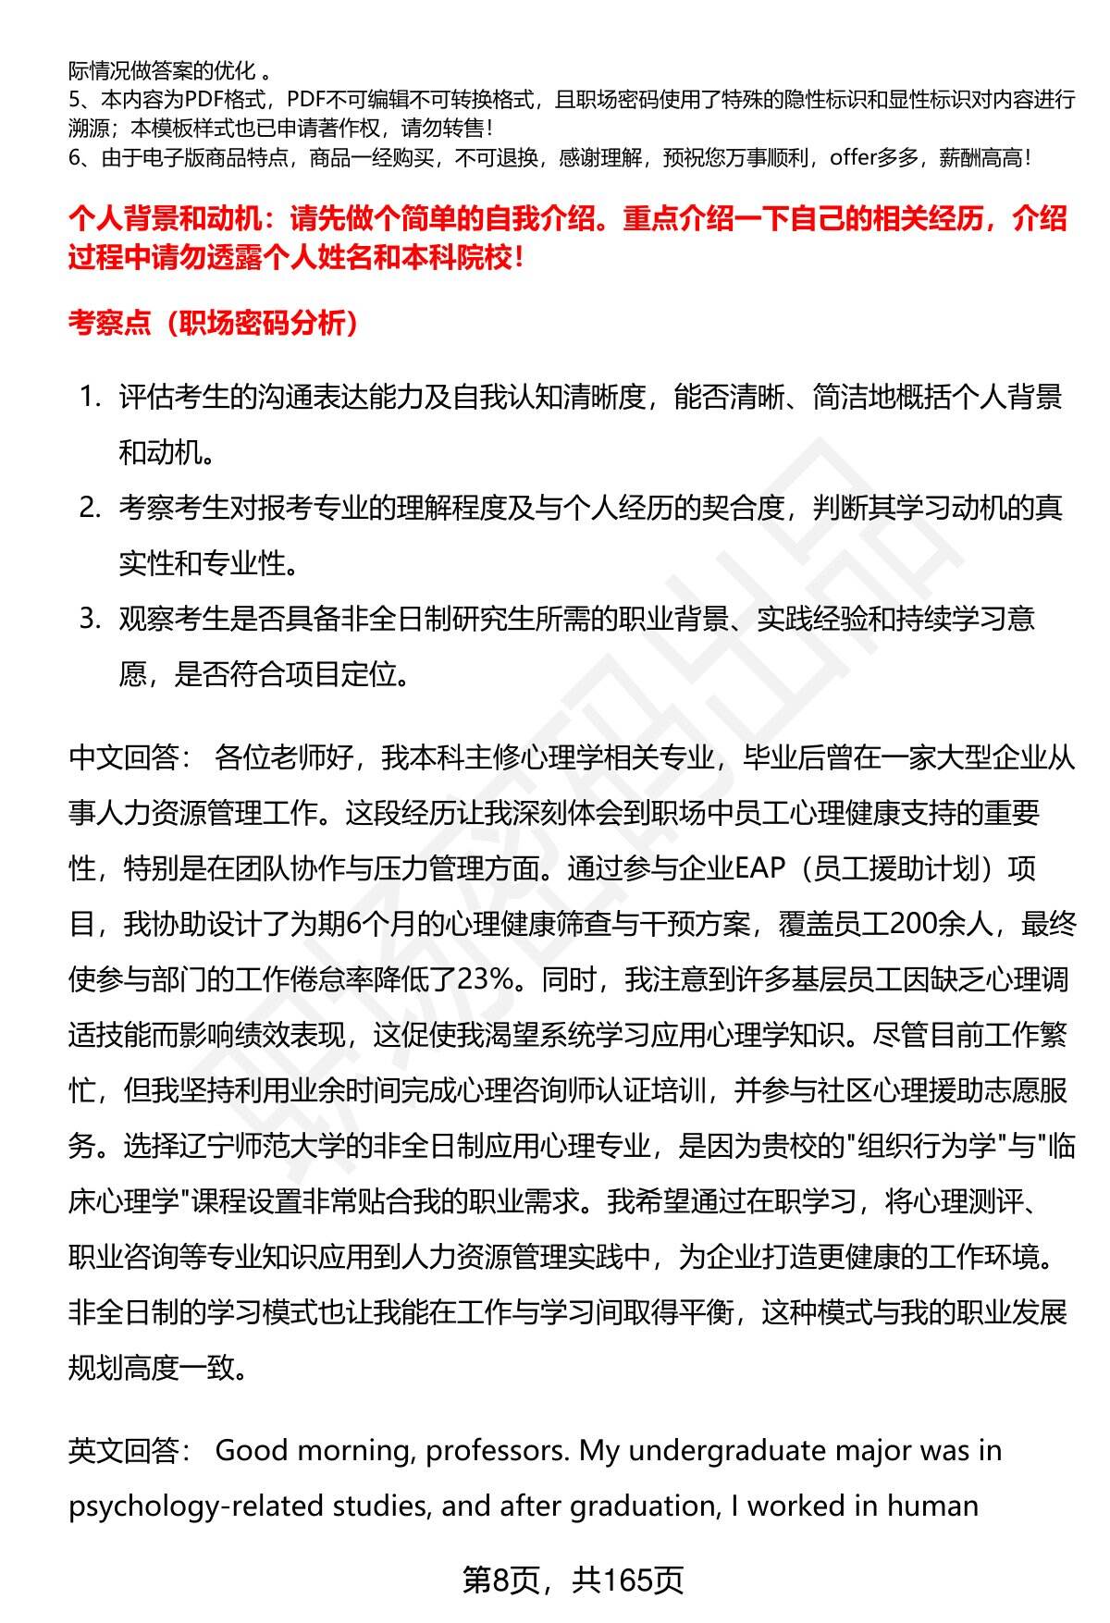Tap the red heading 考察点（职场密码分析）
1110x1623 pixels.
213,323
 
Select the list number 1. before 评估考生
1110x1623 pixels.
90,398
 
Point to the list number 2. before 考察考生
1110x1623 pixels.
90,508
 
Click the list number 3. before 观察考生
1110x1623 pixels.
90,619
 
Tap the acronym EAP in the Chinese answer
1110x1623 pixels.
759,869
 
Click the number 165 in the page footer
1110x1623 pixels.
630,1580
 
